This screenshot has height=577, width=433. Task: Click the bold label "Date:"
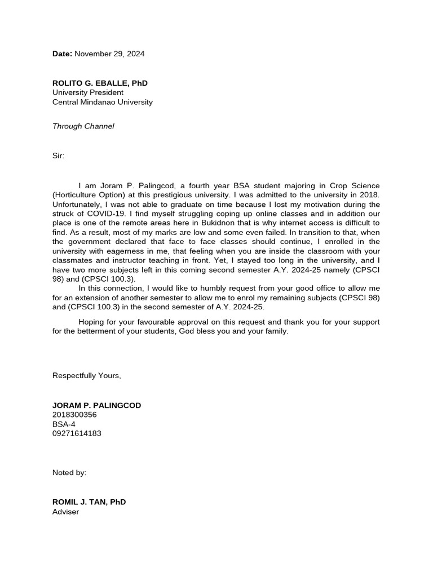62,54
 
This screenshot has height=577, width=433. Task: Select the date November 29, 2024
109,54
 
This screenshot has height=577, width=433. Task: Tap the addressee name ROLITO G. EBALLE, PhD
100,83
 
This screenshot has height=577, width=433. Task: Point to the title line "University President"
88,92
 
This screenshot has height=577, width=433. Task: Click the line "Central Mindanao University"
102,102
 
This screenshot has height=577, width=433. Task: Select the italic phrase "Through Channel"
83,126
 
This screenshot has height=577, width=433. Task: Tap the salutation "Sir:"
59,156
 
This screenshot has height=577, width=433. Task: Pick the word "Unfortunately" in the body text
77,204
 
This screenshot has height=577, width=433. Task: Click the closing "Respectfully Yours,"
86,376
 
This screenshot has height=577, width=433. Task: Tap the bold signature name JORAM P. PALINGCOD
96,405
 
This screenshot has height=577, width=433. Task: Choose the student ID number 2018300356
74,415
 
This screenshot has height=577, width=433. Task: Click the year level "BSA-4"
64,424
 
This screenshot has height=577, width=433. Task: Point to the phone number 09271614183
77,434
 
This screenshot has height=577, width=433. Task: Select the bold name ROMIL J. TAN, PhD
89,502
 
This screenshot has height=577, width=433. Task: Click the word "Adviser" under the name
66,512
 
